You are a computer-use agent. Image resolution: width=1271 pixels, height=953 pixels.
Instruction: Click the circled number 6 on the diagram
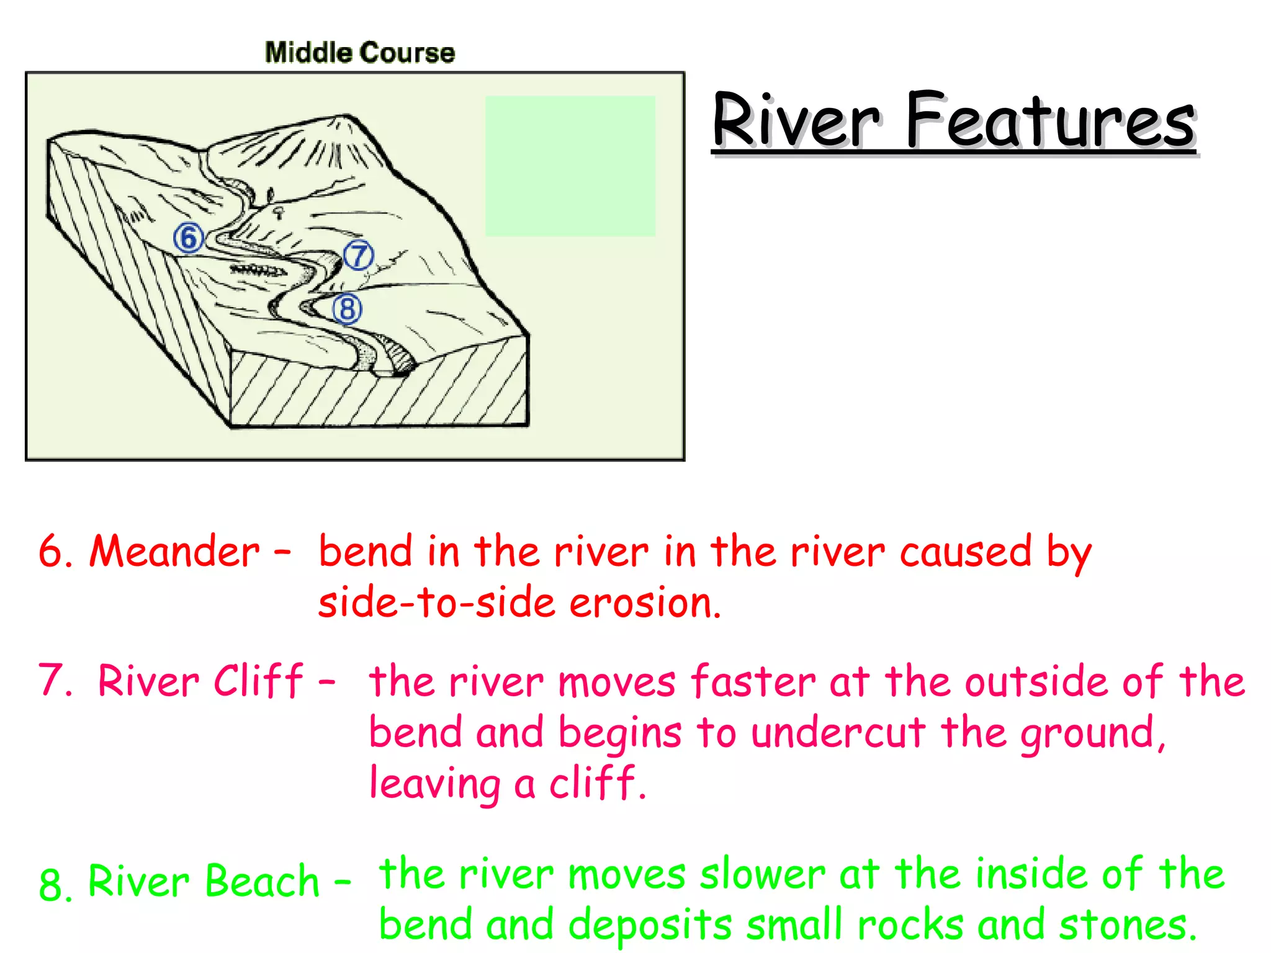[189, 238]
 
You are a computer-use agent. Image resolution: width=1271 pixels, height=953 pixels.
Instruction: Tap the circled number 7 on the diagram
[359, 255]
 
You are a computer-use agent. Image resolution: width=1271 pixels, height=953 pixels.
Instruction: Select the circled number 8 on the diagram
[347, 309]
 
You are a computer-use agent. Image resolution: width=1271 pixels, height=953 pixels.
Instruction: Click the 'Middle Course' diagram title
[359, 53]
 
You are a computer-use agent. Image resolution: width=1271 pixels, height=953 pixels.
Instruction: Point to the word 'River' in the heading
[796, 120]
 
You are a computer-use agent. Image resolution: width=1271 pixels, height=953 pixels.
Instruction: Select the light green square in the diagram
[570, 166]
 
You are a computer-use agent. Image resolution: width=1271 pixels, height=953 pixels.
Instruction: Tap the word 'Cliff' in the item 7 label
[258, 681]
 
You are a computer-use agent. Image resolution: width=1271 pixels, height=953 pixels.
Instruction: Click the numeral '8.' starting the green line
[55, 884]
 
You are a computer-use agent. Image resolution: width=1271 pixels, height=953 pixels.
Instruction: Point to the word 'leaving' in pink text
[435, 784]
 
